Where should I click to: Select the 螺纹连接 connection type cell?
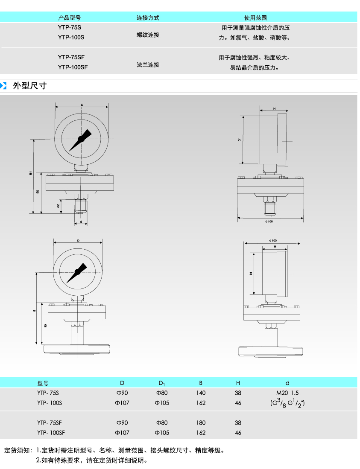148,35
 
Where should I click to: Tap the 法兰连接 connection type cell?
148,65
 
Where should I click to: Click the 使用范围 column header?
255,18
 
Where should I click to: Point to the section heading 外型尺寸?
29,85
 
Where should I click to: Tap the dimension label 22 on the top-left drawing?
59,206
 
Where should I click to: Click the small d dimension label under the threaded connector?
81,222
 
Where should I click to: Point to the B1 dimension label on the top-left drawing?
31,173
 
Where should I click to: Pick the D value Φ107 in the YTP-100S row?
122,403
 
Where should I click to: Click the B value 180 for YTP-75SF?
201,423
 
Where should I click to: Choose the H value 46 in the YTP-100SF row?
238,433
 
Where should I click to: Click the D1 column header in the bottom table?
162,383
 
